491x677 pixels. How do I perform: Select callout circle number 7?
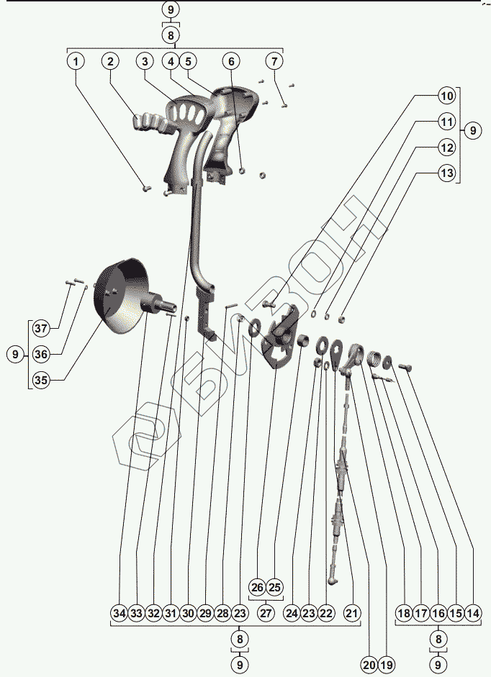pyautogui.click(x=274, y=62)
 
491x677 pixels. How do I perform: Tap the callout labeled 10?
pyautogui.click(x=447, y=96)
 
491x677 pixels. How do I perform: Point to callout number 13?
pyautogui.click(x=447, y=173)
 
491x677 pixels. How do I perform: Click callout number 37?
pyautogui.click(x=41, y=329)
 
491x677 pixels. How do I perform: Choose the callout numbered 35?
pyautogui.click(x=41, y=381)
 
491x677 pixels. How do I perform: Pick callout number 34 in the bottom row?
pyautogui.click(x=119, y=614)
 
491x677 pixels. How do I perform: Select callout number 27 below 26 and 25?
pyautogui.click(x=266, y=614)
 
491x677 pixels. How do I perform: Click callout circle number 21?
pyautogui.click(x=351, y=614)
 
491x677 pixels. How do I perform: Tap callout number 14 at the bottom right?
pyautogui.click(x=473, y=614)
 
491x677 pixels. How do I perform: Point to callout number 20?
pyautogui.click(x=369, y=665)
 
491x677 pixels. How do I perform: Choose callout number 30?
pyautogui.click(x=188, y=614)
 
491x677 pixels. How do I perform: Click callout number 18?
pyautogui.click(x=404, y=614)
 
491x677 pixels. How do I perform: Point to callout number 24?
pyautogui.click(x=291, y=614)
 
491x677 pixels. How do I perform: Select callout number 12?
pyautogui.click(x=447, y=147)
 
